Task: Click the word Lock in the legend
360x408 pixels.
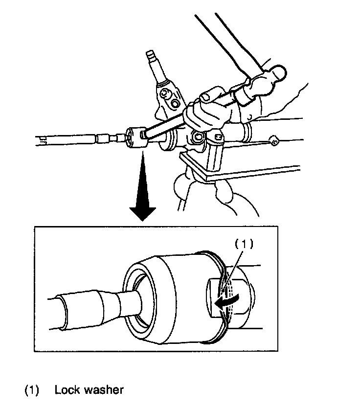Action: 67,390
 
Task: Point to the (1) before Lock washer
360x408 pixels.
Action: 32,390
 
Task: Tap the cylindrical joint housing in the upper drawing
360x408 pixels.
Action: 135,137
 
